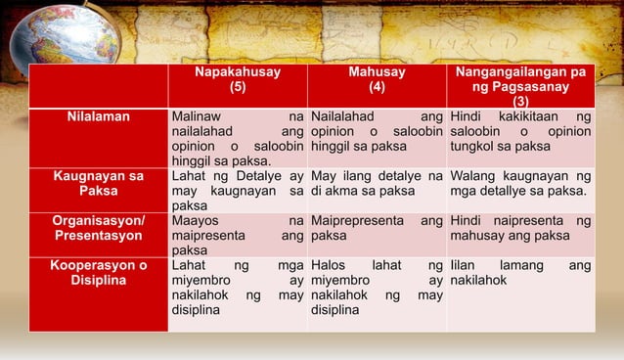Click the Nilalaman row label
(x=98, y=117)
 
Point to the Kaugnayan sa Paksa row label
(x=98, y=182)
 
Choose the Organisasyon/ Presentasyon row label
(x=98, y=228)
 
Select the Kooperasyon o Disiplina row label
(x=98, y=272)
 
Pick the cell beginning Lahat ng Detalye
(x=236, y=190)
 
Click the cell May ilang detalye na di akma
(x=376, y=182)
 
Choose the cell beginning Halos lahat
(x=376, y=288)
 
